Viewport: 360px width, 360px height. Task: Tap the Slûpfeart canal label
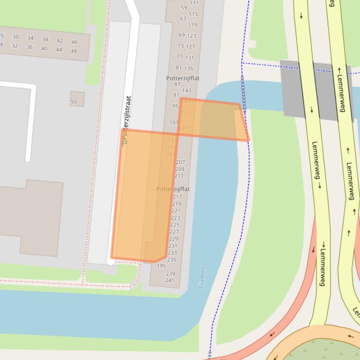click(203, 277)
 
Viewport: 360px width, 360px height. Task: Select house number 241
click(169, 281)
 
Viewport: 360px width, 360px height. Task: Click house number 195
click(161, 266)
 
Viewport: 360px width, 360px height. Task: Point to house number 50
click(73, 101)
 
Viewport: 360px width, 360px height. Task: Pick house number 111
click(194, 3)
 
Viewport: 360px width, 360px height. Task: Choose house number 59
click(184, 7)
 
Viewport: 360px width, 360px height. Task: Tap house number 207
click(180, 162)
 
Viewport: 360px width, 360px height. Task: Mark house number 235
click(172, 259)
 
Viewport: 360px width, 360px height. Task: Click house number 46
click(74, 42)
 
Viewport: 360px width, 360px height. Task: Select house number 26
click(2, 36)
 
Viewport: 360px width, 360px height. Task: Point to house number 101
click(174, 122)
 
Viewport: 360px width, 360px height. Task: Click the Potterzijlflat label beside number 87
click(183, 78)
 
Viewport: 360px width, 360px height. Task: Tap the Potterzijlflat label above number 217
click(173, 189)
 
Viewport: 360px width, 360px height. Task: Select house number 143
click(187, 91)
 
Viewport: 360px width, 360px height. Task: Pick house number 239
click(170, 274)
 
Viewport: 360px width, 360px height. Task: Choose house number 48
click(73, 51)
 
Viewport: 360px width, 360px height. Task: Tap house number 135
click(189, 69)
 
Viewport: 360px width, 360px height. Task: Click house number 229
click(174, 238)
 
